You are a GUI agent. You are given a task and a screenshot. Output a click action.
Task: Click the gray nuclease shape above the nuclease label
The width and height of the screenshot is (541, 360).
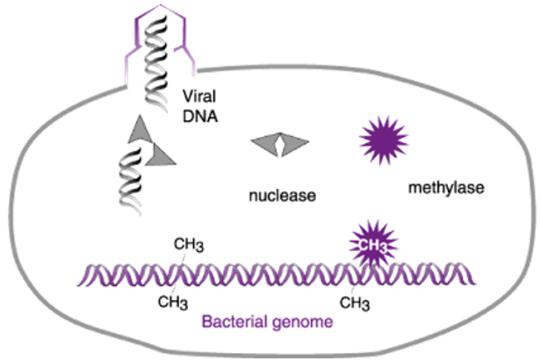(278, 148)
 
